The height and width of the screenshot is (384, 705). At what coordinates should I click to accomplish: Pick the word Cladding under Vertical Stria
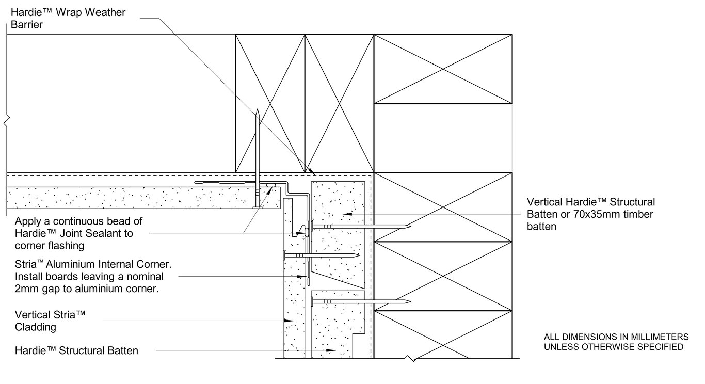tap(36, 327)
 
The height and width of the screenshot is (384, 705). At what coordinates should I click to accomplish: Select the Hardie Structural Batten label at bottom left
tap(76, 351)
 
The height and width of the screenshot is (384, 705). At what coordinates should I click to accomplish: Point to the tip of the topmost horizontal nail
tap(410, 226)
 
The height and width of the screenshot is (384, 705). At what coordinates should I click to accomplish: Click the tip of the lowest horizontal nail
tap(410, 301)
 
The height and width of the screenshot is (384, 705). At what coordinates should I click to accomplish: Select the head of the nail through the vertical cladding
tap(284, 255)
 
